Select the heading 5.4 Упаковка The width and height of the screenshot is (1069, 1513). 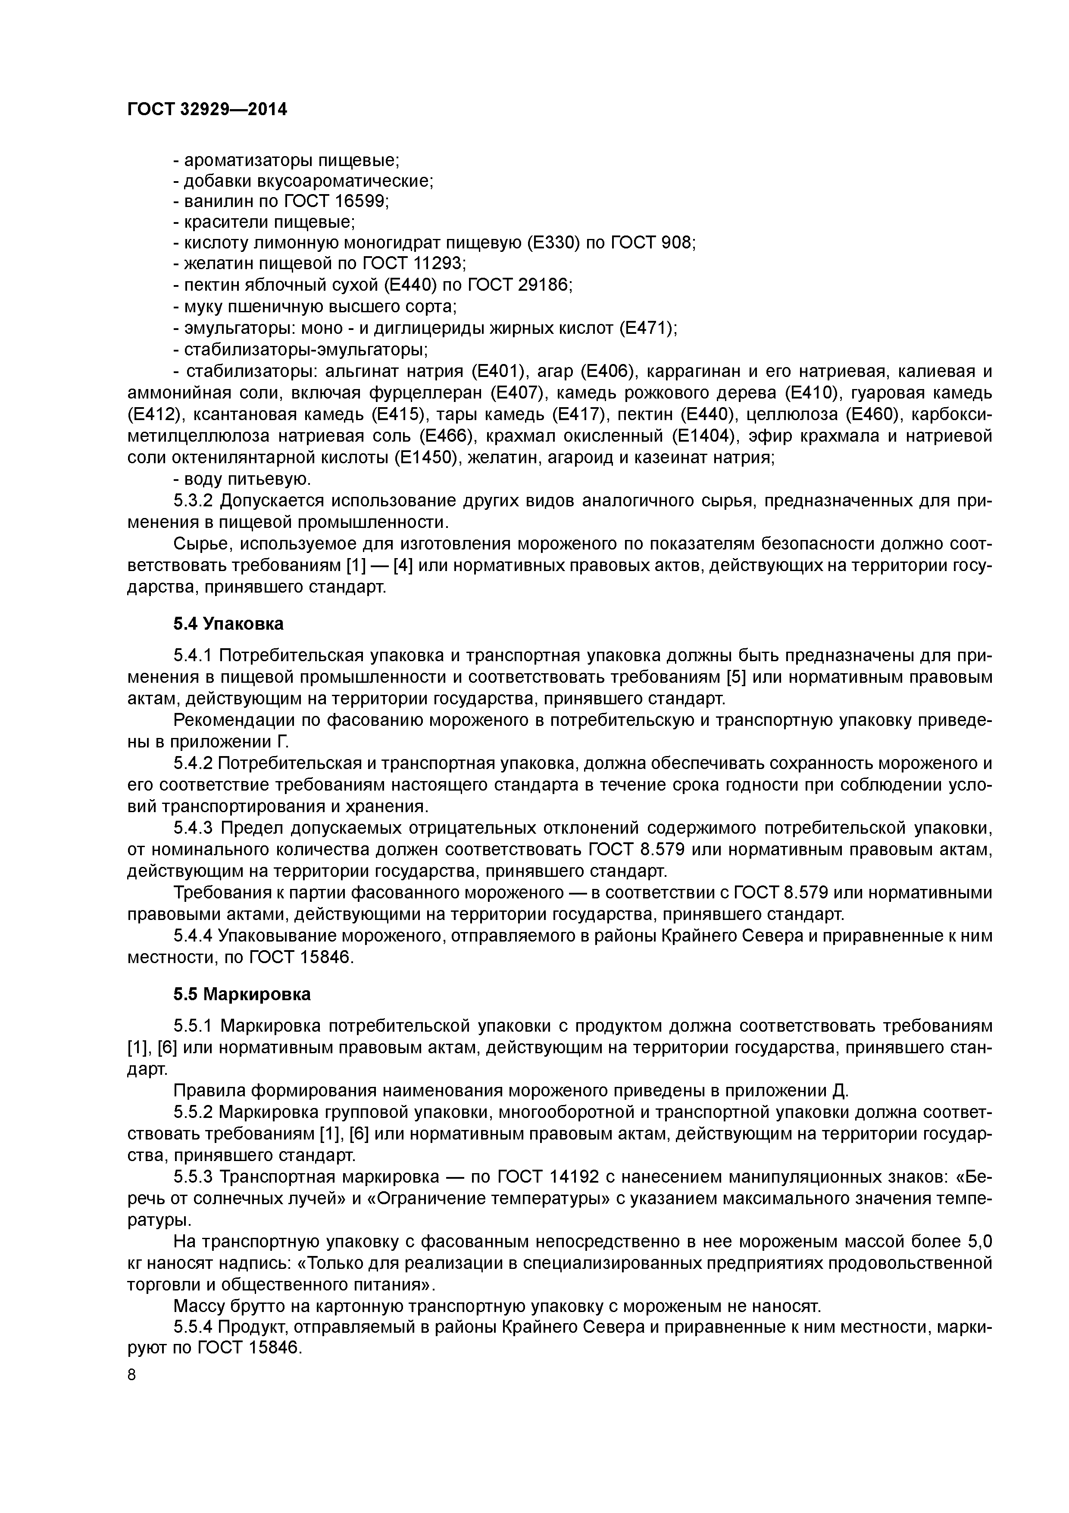coord(228,623)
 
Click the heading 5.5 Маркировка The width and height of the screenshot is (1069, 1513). coord(242,994)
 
